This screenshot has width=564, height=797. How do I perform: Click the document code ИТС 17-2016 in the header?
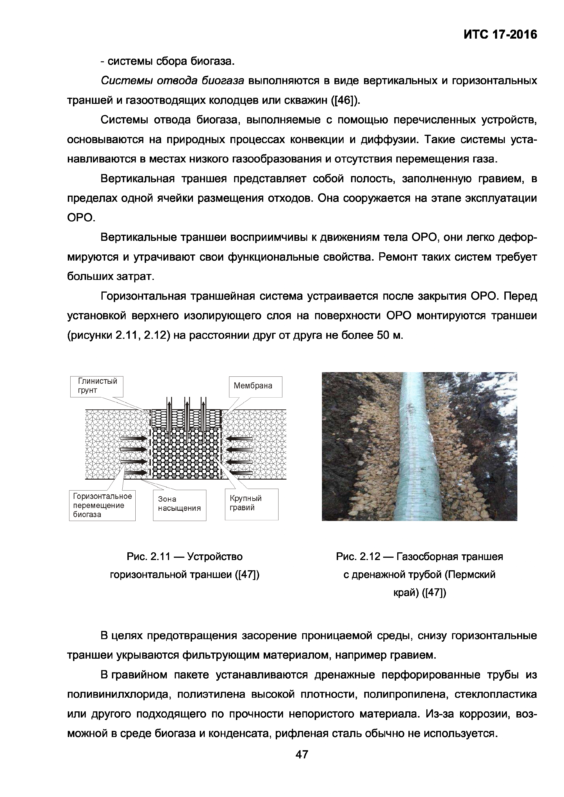pos(500,35)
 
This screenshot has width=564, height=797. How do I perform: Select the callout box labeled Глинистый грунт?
pos(97,386)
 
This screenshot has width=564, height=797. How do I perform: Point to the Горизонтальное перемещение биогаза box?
pos(102,505)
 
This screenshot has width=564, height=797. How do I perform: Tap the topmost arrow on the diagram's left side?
pos(134,438)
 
